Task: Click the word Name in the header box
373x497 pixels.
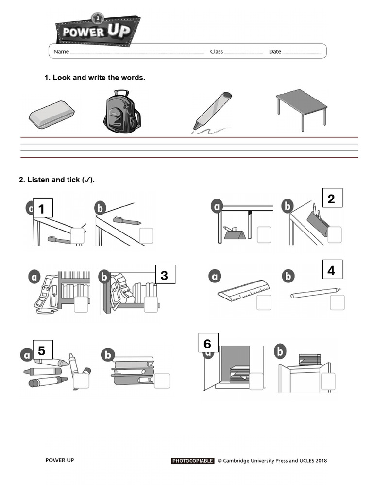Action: point(61,51)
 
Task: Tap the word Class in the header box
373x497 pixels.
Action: point(216,51)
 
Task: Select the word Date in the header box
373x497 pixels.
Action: point(275,51)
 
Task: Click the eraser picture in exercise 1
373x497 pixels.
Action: point(51,115)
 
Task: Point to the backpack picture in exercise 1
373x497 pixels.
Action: point(121,111)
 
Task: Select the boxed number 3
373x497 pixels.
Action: point(165,275)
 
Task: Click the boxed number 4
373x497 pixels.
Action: point(332,269)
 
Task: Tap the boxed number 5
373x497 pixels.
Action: point(42,350)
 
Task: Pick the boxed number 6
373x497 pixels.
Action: point(208,343)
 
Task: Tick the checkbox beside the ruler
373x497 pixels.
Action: point(264,302)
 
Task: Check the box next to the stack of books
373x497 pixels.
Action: point(162,381)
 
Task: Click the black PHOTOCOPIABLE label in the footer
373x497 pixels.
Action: point(192,461)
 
